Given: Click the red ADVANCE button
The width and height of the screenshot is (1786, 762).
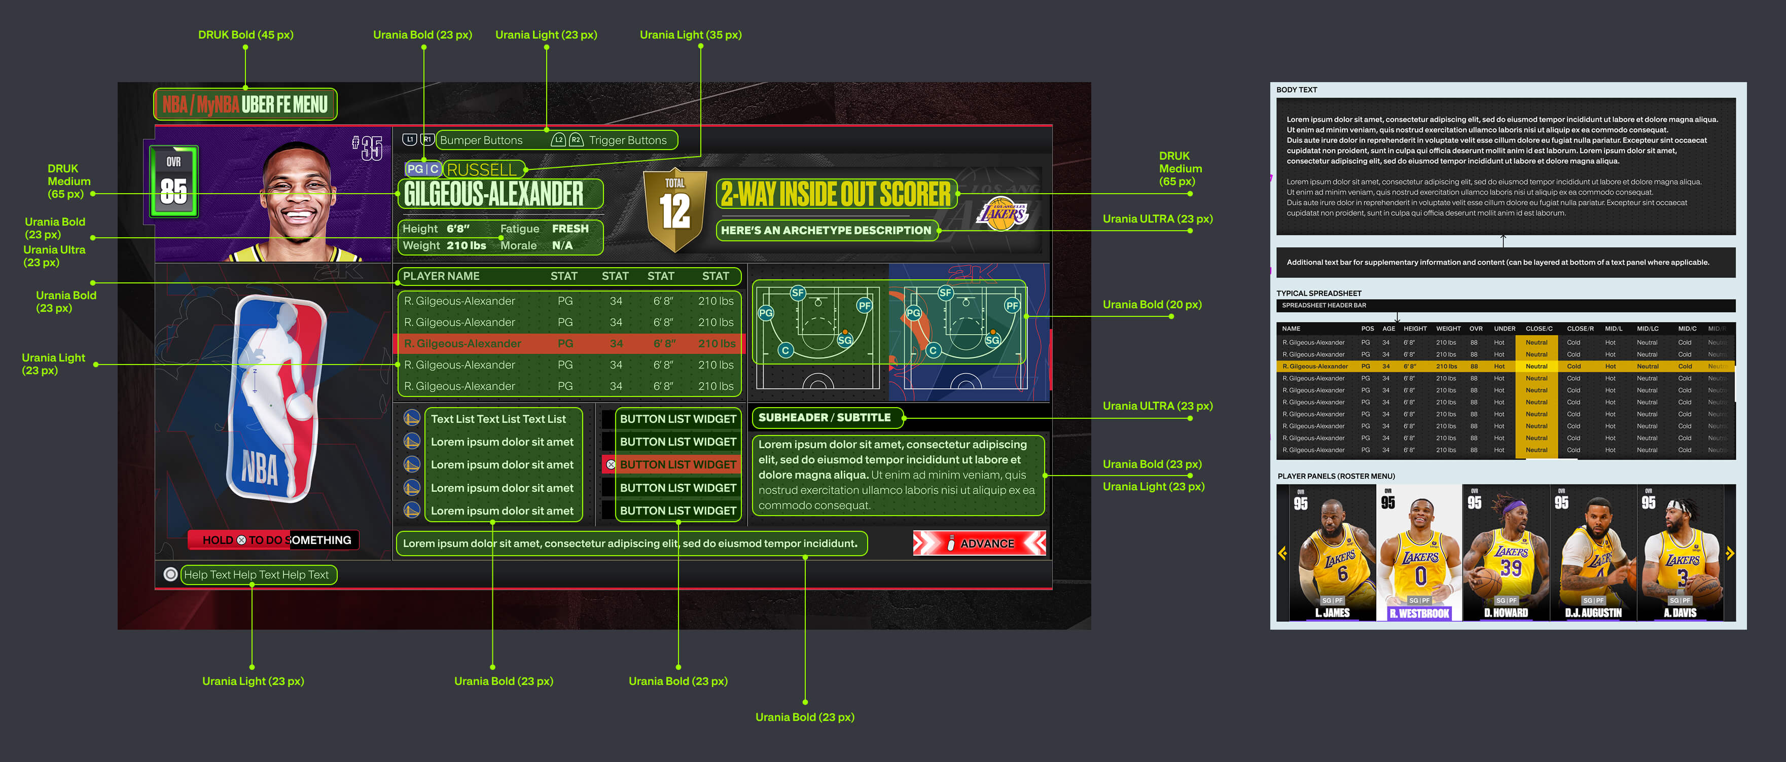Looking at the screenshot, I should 979,543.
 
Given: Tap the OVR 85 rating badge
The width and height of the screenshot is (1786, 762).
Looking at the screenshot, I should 173,181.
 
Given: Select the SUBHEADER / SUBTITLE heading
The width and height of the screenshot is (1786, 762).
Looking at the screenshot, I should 825,417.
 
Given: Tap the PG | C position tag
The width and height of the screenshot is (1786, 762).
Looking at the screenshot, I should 422,169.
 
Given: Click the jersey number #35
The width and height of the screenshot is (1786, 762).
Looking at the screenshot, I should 368,148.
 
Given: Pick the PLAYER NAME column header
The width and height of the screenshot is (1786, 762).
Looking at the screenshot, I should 441,276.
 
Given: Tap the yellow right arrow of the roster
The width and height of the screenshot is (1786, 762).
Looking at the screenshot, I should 1729,553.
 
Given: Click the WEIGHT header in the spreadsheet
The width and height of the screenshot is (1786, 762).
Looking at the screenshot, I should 1448,329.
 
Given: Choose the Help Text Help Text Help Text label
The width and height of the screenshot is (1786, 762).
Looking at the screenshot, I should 257,575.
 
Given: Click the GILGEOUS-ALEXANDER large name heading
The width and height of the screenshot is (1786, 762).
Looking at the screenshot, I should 493,194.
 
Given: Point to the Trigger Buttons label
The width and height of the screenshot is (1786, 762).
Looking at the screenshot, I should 627,140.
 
